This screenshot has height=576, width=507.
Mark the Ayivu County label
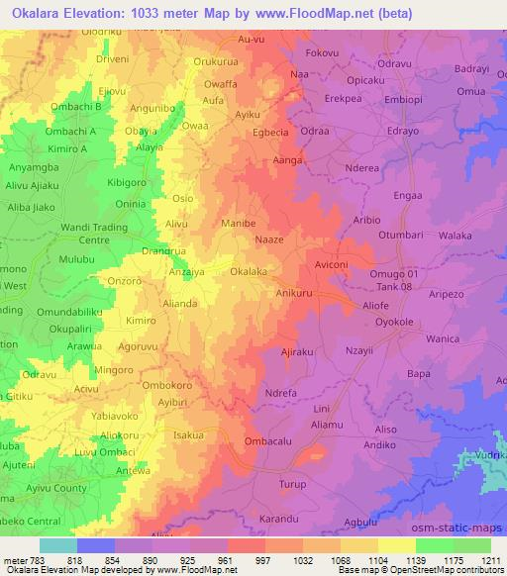pos(56,488)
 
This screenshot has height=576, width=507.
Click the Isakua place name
pos(188,435)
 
